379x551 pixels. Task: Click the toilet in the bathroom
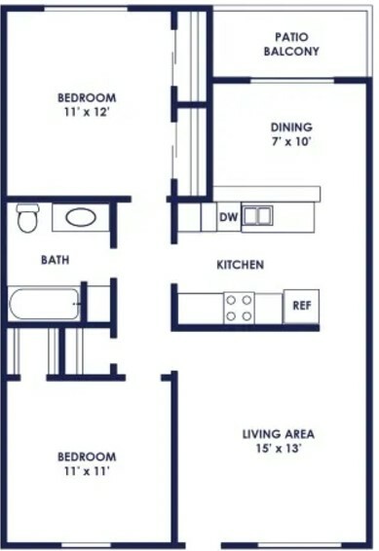[27, 218]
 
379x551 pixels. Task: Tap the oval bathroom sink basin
[81, 217]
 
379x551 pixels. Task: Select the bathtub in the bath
[44, 304]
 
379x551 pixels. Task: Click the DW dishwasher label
[229, 217]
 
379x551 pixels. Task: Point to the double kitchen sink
[258, 215]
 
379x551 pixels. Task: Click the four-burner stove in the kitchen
[239, 309]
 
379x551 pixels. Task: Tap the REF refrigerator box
[301, 306]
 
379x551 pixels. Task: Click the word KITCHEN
[240, 265]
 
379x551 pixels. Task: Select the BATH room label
[56, 260]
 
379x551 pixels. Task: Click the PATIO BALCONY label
[291, 44]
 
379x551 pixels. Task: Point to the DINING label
[291, 127]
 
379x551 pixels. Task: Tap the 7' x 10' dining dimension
[291, 141]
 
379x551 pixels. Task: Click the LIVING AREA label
[279, 434]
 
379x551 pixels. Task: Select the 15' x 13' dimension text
[279, 449]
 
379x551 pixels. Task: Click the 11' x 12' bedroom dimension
[87, 112]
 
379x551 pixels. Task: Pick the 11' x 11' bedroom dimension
[87, 471]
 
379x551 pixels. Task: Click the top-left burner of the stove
[231, 300]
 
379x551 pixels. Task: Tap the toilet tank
[27, 207]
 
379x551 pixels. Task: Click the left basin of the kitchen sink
[250, 215]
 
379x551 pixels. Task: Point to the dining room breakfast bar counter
[267, 194]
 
